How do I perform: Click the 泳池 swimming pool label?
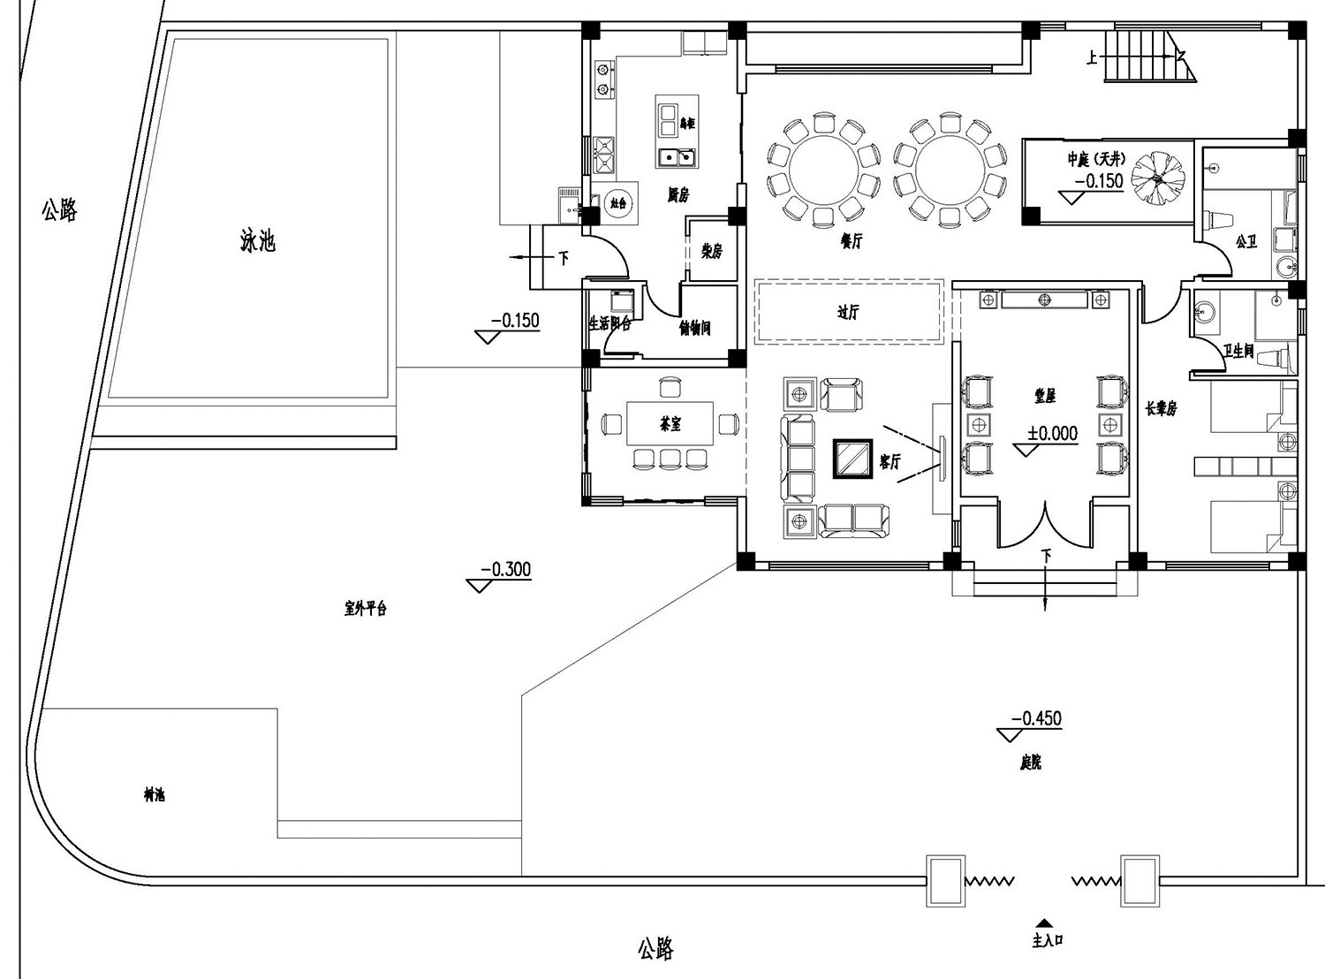point(258,240)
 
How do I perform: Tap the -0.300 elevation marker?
point(505,570)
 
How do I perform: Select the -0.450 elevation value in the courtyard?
point(1036,719)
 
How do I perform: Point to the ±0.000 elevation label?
point(1052,434)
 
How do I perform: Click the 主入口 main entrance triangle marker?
point(1044,922)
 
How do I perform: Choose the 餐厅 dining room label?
point(851,240)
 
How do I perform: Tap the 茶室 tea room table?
point(670,424)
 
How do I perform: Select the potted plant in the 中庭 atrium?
point(1157,178)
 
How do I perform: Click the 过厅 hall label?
point(848,312)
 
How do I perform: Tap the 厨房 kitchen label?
point(678,194)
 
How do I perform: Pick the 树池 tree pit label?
point(154,794)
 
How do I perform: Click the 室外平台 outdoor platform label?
point(365,608)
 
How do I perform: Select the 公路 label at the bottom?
point(655,949)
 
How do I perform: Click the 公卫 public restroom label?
point(1246,241)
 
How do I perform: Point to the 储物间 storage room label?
point(695,329)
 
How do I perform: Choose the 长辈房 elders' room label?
point(1161,409)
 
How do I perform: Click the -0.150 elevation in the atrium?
point(1099,181)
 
